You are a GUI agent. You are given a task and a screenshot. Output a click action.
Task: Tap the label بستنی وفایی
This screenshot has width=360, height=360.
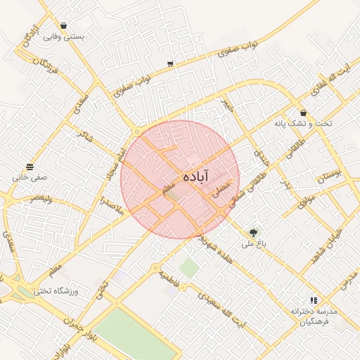tap(64, 37)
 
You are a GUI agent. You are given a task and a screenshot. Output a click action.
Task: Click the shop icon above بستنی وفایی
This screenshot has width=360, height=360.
tap(64, 25)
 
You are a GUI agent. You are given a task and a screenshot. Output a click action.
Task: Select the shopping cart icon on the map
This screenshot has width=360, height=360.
tap(170, 64)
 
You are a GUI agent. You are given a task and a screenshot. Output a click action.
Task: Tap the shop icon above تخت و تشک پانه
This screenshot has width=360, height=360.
tap(303, 112)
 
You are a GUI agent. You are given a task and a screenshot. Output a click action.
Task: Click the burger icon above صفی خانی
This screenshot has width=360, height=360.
tap(30, 167)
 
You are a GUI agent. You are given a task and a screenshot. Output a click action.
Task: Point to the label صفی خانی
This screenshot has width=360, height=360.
tap(30, 178)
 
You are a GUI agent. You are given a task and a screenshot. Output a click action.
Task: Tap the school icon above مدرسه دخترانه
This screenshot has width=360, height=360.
tap(314, 300)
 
